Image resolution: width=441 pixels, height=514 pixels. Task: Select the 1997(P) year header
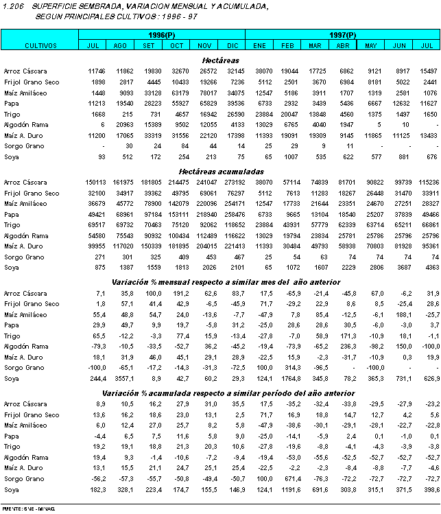point(342,35)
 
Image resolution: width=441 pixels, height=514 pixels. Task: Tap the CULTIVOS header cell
point(40,45)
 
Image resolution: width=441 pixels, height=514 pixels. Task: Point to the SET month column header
point(147,45)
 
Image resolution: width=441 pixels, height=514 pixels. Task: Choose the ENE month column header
point(259,45)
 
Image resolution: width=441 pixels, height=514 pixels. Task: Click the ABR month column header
point(342,45)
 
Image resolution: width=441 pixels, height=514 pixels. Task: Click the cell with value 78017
point(205,93)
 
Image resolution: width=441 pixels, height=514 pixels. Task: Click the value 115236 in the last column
point(427,183)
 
